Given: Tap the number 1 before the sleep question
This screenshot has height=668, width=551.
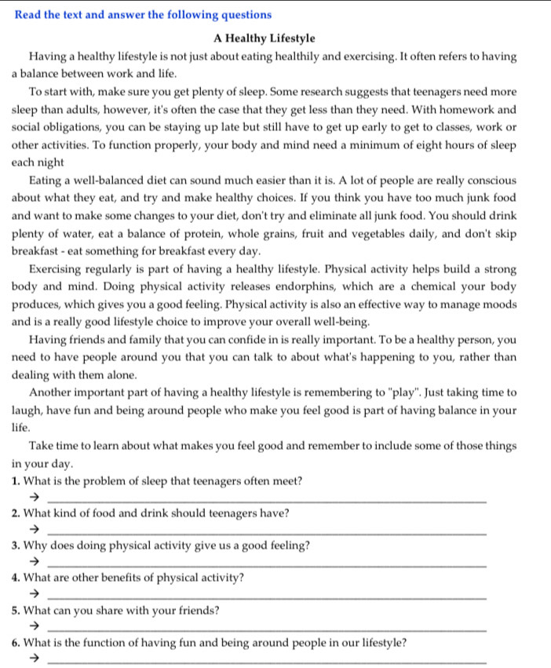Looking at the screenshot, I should point(16,480).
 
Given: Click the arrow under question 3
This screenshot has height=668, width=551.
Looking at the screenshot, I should point(34,562).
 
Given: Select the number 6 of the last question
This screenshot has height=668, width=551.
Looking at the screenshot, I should point(16,643).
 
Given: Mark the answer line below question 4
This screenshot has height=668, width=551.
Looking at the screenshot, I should point(267,598).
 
